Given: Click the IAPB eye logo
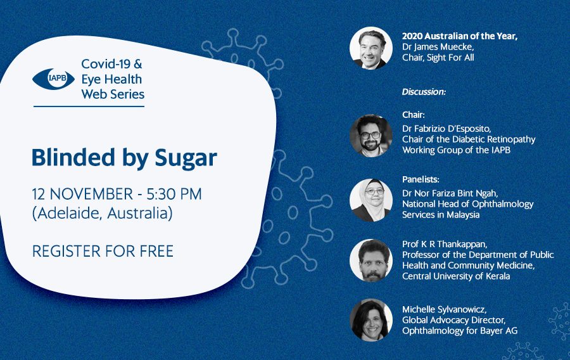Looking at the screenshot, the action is (53, 79).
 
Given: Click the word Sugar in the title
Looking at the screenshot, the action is (186, 158).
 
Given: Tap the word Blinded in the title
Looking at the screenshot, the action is (73, 157).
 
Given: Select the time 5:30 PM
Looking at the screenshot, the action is (174, 194).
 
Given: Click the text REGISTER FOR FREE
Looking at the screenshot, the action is (103, 251).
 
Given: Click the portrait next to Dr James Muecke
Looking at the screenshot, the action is (370, 48).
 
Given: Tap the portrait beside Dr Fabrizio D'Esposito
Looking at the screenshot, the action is (370, 136).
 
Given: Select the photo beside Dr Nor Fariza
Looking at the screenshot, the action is (370, 200).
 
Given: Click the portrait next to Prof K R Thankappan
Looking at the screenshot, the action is (370, 260).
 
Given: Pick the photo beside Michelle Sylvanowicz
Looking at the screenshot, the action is (370, 320).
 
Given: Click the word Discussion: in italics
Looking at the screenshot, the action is (424, 92).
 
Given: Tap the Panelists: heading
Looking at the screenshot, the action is (421, 179).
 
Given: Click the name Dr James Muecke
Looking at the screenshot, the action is (438, 47).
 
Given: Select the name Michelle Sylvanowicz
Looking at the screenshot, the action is (444, 309).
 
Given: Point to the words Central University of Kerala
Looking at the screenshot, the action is (456, 276).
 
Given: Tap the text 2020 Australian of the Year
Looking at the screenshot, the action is (460, 36).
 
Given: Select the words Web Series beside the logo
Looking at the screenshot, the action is (113, 94).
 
